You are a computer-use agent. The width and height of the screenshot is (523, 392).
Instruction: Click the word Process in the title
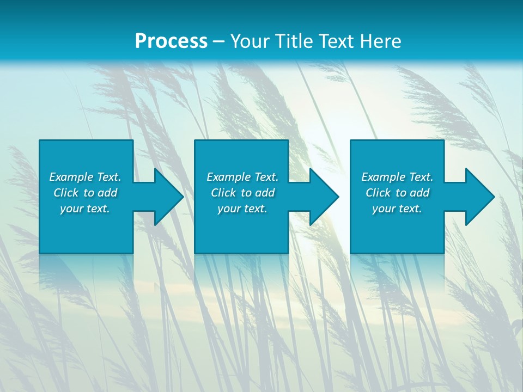[x=171, y=41]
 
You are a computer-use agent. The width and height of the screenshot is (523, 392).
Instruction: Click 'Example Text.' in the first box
[x=85, y=177]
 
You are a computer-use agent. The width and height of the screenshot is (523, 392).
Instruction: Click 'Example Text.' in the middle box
[x=242, y=177]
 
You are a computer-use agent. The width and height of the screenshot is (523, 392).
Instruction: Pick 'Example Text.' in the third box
[x=397, y=177]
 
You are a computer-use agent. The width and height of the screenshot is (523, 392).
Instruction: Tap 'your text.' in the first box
[x=85, y=209]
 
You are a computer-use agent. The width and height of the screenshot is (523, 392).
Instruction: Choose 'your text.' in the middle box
[x=242, y=209]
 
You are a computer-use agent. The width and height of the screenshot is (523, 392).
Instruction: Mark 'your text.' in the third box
[x=397, y=209]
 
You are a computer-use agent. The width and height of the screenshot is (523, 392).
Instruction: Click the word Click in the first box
[x=66, y=193]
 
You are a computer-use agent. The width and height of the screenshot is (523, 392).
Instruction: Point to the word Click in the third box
[x=378, y=193]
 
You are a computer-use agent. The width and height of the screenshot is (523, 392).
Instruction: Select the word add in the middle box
[x=265, y=193]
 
